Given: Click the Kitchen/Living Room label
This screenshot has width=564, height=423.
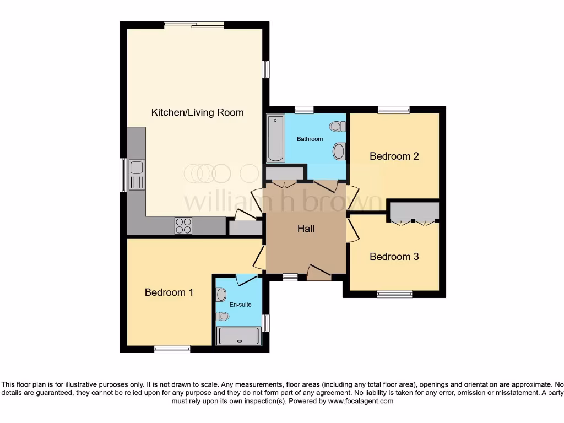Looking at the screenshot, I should [x=197, y=112].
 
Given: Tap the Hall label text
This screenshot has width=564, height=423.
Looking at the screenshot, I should [x=306, y=229].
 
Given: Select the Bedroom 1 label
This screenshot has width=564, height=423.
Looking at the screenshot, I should [x=169, y=292].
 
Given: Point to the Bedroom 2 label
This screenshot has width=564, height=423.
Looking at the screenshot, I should [x=394, y=156].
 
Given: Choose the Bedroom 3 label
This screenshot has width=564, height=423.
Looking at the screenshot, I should [x=394, y=257].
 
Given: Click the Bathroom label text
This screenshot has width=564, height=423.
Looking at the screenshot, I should [x=310, y=139].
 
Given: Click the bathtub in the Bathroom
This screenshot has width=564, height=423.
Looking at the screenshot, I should [x=275, y=138].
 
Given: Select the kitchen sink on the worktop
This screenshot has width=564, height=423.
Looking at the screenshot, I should [x=136, y=174].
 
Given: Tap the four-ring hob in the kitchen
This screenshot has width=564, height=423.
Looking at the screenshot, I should [x=183, y=226].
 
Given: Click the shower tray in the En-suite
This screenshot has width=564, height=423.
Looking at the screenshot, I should [x=238, y=336].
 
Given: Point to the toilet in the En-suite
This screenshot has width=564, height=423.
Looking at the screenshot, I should [x=222, y=316].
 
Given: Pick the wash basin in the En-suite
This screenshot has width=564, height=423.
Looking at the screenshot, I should [x=221, y=293].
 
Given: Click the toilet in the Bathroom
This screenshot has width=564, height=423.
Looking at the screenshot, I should [x=338, y=127].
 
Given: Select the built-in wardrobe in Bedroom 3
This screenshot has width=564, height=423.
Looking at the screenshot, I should [x=414, y=212].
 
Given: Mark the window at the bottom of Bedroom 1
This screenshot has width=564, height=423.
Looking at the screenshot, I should [x=172, y=348].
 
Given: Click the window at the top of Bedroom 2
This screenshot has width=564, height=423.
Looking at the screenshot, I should [x=393, y=110].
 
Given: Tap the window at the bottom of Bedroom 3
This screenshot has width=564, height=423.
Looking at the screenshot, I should [x=394, y=294].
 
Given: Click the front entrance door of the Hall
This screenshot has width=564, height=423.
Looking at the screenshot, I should [x=319, y=272].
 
